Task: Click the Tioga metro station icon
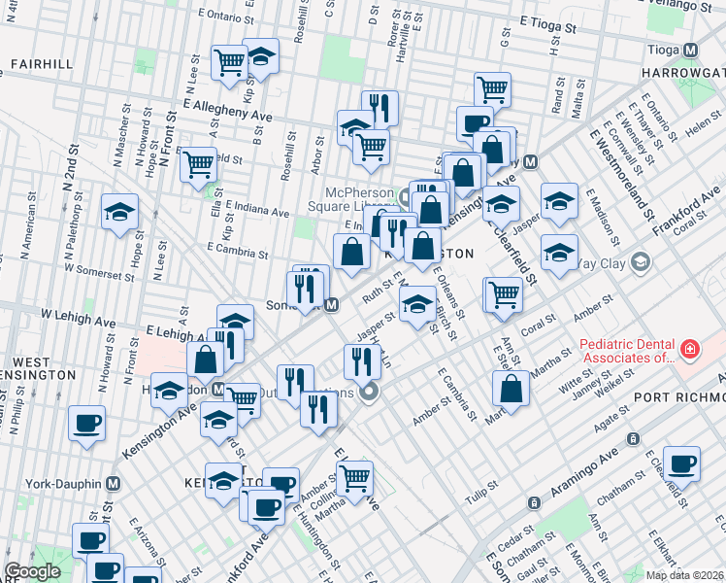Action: click(691, 50)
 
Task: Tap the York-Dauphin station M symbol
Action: click(114, 483)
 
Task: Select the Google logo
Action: click(33, 571)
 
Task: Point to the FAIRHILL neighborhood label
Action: click(41, 64)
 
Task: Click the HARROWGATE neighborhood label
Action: click(683, 73)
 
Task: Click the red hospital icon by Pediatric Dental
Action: click(688, 347)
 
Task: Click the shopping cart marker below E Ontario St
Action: click(230, 63)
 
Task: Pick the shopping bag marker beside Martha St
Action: click(511, 389)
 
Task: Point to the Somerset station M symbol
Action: click(332, 305)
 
